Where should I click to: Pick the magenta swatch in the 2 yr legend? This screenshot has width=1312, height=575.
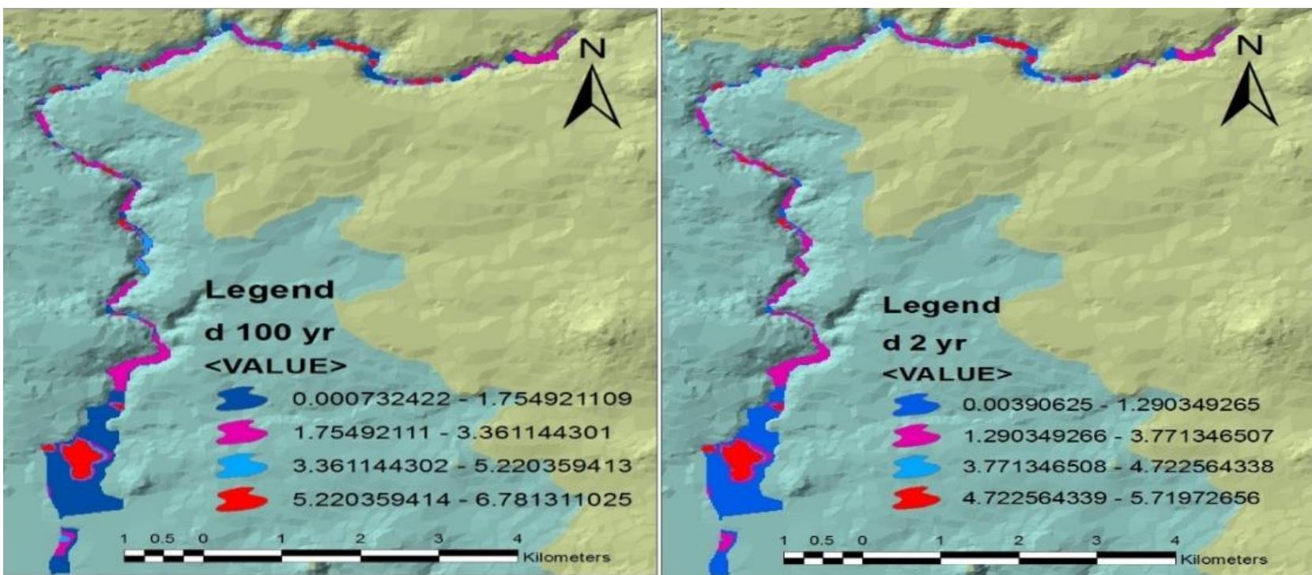pos(917,436)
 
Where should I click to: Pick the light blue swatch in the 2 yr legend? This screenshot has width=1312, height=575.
pos(917,467)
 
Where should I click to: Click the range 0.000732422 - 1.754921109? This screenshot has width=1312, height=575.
pos(462,398)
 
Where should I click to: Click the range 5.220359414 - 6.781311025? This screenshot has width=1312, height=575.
pos(462,499)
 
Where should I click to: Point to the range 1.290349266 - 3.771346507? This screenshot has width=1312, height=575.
pos(1117,436)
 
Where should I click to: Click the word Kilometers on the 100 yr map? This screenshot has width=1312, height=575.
pos(566,557)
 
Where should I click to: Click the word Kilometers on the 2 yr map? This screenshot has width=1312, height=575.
pos(1223,558)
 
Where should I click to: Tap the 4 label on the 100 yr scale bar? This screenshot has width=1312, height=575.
pos(518,539)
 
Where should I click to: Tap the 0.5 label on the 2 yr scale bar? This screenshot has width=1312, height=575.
pos(822,540)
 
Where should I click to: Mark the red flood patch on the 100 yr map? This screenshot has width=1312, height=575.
pos(81,456)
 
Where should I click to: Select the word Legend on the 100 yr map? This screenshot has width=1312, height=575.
pos(269,290)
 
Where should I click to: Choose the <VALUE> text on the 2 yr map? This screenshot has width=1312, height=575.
pos(946,374)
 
